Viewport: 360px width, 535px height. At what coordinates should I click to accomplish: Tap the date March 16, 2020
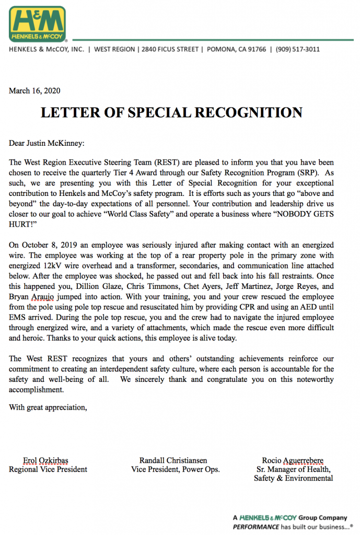point(34,91)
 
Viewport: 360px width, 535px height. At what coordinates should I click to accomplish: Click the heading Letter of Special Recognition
point(172,112)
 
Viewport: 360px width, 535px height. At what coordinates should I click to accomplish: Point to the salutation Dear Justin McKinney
point(47,143)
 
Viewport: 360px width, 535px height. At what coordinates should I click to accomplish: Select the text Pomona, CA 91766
point(237,49)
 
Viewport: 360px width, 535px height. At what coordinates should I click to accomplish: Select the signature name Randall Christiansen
point(173,460)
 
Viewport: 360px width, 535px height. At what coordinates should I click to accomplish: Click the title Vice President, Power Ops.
point(176,469)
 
